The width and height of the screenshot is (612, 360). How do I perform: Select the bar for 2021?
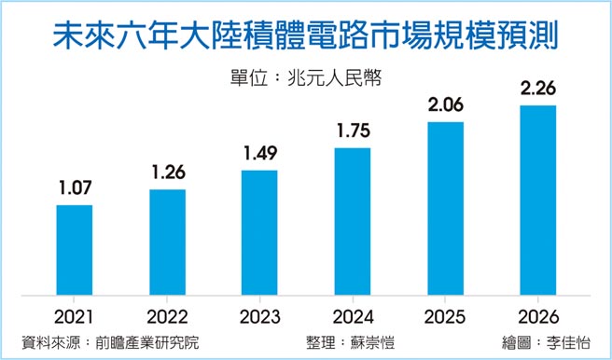coord(75,251)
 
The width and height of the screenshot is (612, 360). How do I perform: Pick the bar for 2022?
coord(167,243)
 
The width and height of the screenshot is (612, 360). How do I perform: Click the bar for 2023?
coord(259,234)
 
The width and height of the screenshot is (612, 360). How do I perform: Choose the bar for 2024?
coord(353,223)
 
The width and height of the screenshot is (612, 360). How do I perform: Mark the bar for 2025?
coord(445,210)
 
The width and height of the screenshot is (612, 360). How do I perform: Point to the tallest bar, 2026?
coord(537,201)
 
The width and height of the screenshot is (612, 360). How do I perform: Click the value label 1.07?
coord(75,189)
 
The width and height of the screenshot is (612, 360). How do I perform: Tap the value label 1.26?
coord(167,173)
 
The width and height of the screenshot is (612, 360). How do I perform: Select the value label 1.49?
coord(259,154)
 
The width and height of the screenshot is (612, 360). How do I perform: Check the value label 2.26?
coord(537,90)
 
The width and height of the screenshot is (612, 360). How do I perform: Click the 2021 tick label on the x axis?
coord(75,315)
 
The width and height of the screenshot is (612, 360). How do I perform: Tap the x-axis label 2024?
coord(353,315)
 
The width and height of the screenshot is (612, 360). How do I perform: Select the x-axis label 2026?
coord(537,315)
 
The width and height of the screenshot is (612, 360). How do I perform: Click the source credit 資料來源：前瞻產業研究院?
coord(110,341)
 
